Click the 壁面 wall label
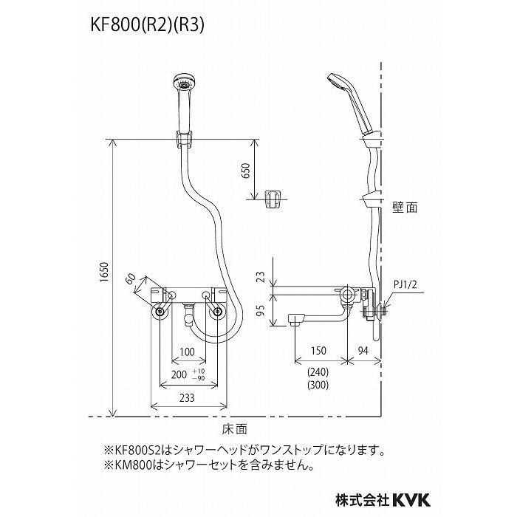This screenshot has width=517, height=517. [x=405, y=208]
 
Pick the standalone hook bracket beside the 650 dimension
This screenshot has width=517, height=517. [x=273, y=197]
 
